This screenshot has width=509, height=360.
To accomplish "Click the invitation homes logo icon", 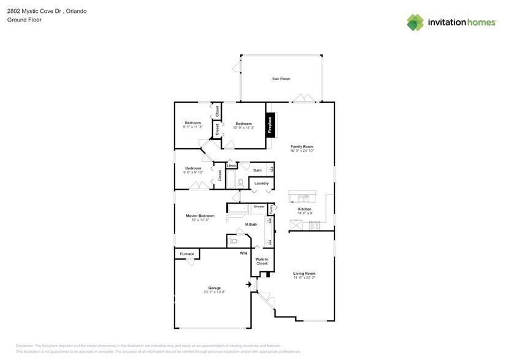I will pos(415,22).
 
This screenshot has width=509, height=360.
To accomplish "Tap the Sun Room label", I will pos(281,79).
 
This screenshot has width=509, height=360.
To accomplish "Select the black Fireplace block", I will pos(268,125).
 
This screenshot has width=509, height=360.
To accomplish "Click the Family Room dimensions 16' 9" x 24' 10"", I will pos(302,151).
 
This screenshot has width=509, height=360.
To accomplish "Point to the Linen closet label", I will pos(232,166).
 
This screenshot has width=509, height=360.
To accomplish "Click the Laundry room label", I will pos(262,183).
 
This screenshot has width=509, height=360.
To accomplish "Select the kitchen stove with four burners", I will pos(314,225).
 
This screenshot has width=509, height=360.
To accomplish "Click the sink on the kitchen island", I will pos(303,197).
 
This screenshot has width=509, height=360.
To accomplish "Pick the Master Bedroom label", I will pos(200,216).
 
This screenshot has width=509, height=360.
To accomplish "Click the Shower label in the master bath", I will pos(259,207).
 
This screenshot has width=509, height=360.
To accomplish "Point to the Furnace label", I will pos(187,253).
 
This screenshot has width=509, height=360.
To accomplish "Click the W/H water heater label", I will pos(243,253).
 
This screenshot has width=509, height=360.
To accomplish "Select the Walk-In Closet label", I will pos(262,261).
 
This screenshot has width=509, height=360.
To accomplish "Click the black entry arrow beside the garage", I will pos(249,284).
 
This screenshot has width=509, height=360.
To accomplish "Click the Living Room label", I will pos(304,274).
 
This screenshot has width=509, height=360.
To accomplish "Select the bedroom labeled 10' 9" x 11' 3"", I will pos(243,125).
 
